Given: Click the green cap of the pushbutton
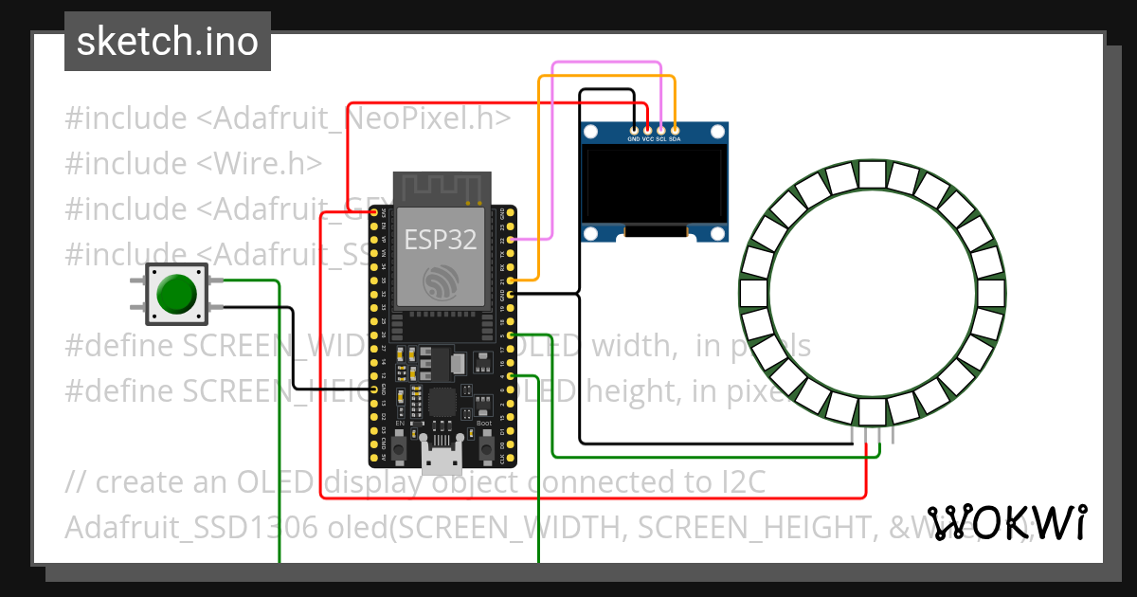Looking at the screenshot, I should (176, 293).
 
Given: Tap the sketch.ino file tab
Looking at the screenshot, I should (167, 42).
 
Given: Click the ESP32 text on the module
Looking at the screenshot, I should (441, 240).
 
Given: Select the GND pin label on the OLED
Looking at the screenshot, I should (634, 139).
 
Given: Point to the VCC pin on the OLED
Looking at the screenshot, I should (648, 129).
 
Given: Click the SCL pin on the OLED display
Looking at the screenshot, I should (661, 129).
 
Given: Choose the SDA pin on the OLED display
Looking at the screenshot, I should (675, 129).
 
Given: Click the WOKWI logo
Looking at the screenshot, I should (1006, 522).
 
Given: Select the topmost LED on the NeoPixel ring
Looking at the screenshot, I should (872, 173).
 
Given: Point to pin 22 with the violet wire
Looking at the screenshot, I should (512, 241).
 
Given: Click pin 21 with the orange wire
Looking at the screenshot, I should (512, 281).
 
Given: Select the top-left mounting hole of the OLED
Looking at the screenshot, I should (591, 131).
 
